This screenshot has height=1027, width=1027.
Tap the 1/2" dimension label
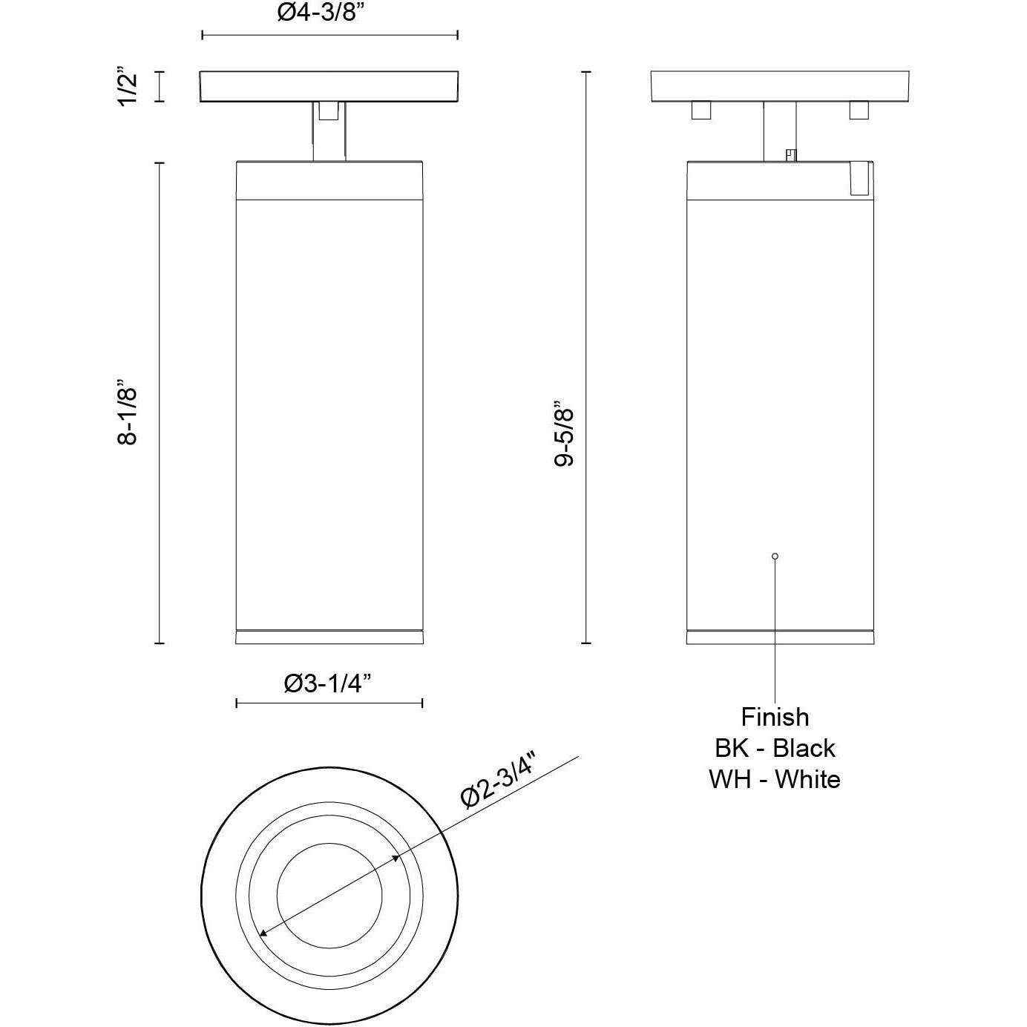tap(127, 88)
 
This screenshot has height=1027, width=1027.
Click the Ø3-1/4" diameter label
tap(327, 683)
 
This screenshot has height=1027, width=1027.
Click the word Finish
tap(775, 717)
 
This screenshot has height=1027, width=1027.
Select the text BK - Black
tap(775, 748)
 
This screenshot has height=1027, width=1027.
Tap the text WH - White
tap(775, 779)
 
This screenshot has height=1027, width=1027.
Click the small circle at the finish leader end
tap(775, 556)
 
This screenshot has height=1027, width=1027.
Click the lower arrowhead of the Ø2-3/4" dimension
tap(263, 933)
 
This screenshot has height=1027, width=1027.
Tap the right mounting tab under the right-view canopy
tap(859, 110)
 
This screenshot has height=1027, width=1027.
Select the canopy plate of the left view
tap(329, 86)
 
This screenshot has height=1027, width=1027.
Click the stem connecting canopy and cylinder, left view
tap(329, 132)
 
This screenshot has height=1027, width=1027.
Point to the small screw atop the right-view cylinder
tap(791, 156)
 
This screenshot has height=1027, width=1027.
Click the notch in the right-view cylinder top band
tap(859, 179)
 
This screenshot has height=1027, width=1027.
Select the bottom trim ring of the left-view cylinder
tap(329, 637)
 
